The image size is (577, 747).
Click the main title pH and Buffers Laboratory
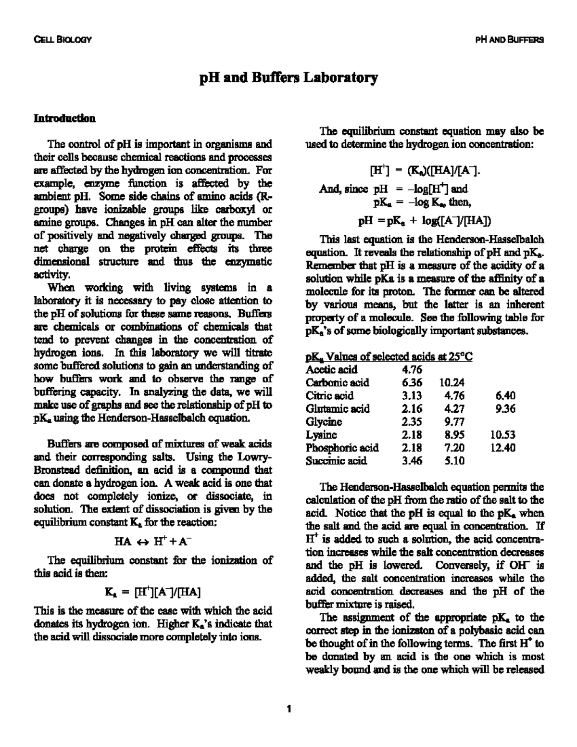[x=288, y=77]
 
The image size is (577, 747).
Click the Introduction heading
[x=64, y=118]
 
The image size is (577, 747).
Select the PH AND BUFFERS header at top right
[x=509, y=40]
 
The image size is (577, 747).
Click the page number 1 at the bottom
[x=288, y=709]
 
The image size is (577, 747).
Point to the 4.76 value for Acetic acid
[x=412, y=370]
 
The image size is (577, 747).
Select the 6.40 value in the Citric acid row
[x=505, y=396]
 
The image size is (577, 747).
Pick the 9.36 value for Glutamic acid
[x=505, y=409]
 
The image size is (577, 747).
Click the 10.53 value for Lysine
[x=503, y=435]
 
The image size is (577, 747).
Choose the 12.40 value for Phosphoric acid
[x=503, y=448]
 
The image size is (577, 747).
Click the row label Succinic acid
[x=336, y=461]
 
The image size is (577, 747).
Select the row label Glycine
[x=324, y=422]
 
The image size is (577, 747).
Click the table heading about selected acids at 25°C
[x=389, y=357]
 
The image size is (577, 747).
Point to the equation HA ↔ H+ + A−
[x=153, y=541]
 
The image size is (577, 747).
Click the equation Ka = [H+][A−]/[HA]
[x=153, y=592]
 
